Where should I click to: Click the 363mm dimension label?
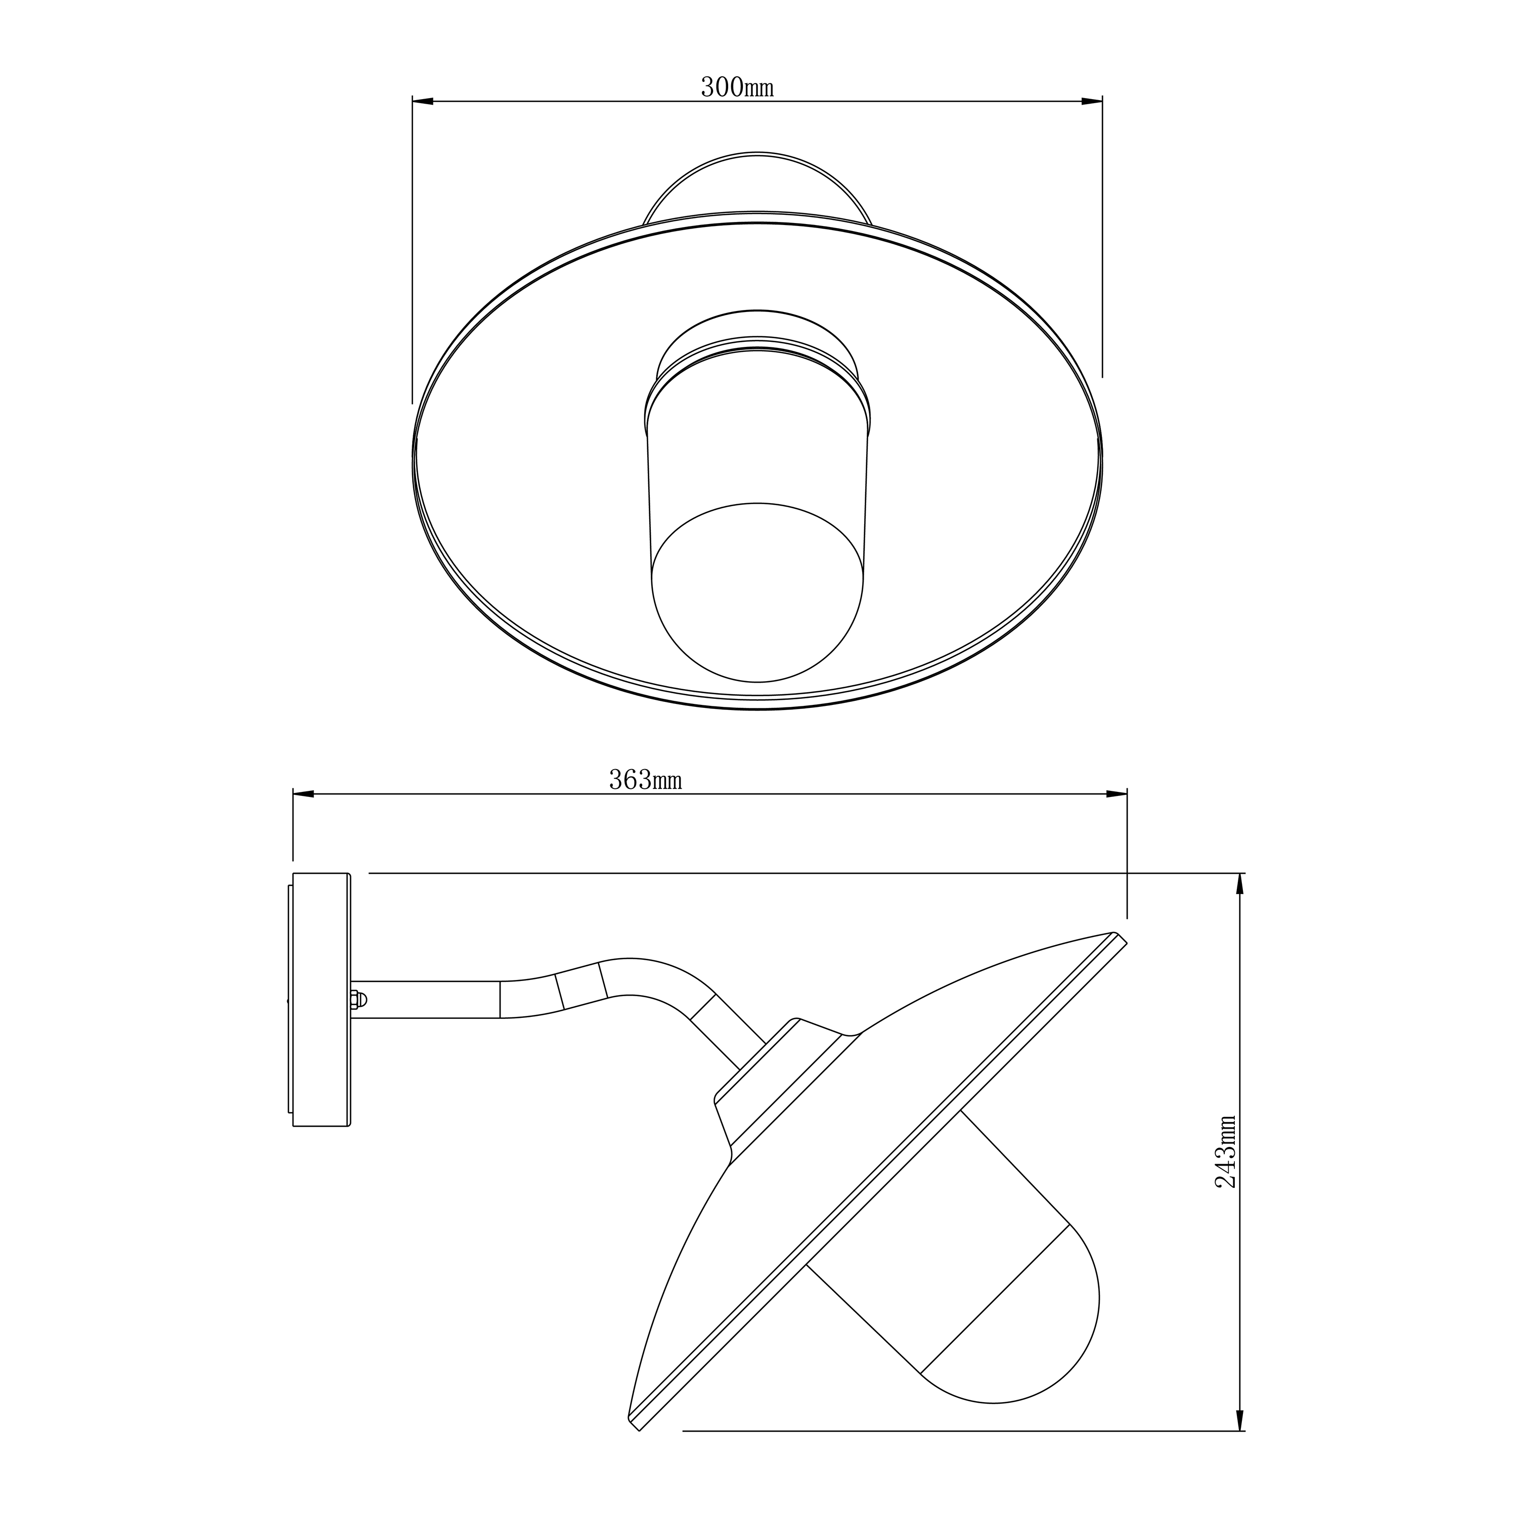pos(645,780)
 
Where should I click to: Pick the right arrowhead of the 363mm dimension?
pos(1117,794)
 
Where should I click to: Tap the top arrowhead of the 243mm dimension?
pos(1240,884)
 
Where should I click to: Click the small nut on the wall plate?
pos(355,1000)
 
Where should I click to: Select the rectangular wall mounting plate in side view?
pos(321,1000)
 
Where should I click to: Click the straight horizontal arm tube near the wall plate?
pos(424,1000)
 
